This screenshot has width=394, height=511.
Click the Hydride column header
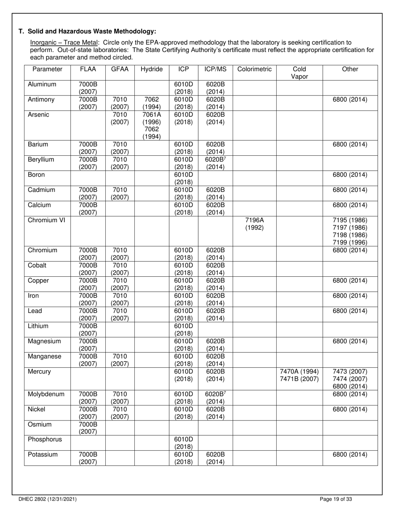pyautogui.click(x=152, y=69)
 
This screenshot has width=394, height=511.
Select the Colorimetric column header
pyautogui.click(x=254, y=69)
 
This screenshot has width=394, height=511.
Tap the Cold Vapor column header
pyautogui.click(x=299, y=73)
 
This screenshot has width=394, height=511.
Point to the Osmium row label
pyautogui.click(x=40, y=424)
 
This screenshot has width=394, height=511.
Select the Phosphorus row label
pyautogui.click(x=44, y=439)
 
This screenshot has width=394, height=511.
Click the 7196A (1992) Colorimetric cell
pyautogui.click(x=254, y=224)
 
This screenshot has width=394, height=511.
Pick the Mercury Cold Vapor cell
pyautogui.click(x=299, y=375)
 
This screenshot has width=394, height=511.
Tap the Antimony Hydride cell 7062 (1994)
pyautogui.click(x=152, y=103)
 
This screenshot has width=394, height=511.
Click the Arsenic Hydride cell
pyautogui.click(x=152, y=125)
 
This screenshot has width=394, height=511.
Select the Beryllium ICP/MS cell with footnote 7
pyautogui.click(x=215, y=163)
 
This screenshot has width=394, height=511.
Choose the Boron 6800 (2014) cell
pyautogui.click(x=350, y=175)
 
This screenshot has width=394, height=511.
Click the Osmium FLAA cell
pyautogui.click(x=88, y=428)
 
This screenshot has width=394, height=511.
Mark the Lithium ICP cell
pyautogui.click(x=183, y=330)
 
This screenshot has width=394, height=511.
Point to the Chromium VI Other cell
pyautogui.click(x=350, y=231)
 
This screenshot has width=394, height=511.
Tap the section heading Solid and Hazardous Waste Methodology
pyautogui.click(x=92, y=31)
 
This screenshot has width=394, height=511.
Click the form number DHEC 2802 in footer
pyautogui.click(x=47, y=499)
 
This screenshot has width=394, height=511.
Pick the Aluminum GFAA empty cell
pyautogui.click(x=120, y=88)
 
